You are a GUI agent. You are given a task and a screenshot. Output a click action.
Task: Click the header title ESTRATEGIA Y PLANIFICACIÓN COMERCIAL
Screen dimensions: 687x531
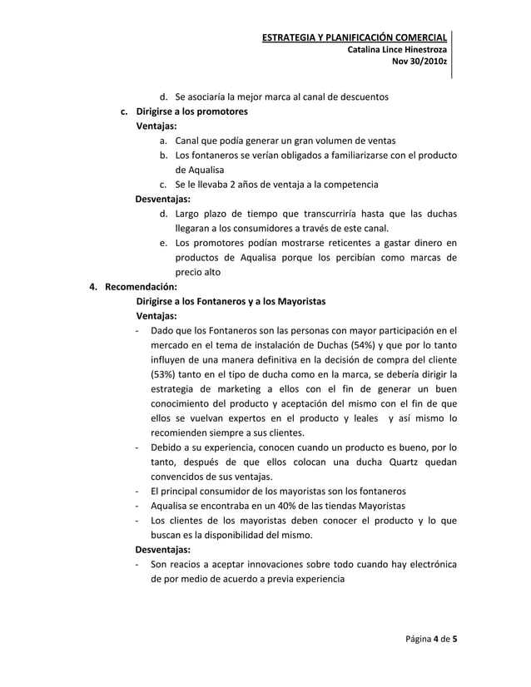pos(354,37)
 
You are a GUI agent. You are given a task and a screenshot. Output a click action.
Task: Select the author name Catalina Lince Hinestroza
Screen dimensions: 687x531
pos(395,50)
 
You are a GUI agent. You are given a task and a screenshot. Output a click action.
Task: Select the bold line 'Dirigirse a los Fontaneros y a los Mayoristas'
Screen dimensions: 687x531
pos(231,300)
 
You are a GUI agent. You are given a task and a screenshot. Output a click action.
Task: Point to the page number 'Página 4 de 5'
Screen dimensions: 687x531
pos(431,639)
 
